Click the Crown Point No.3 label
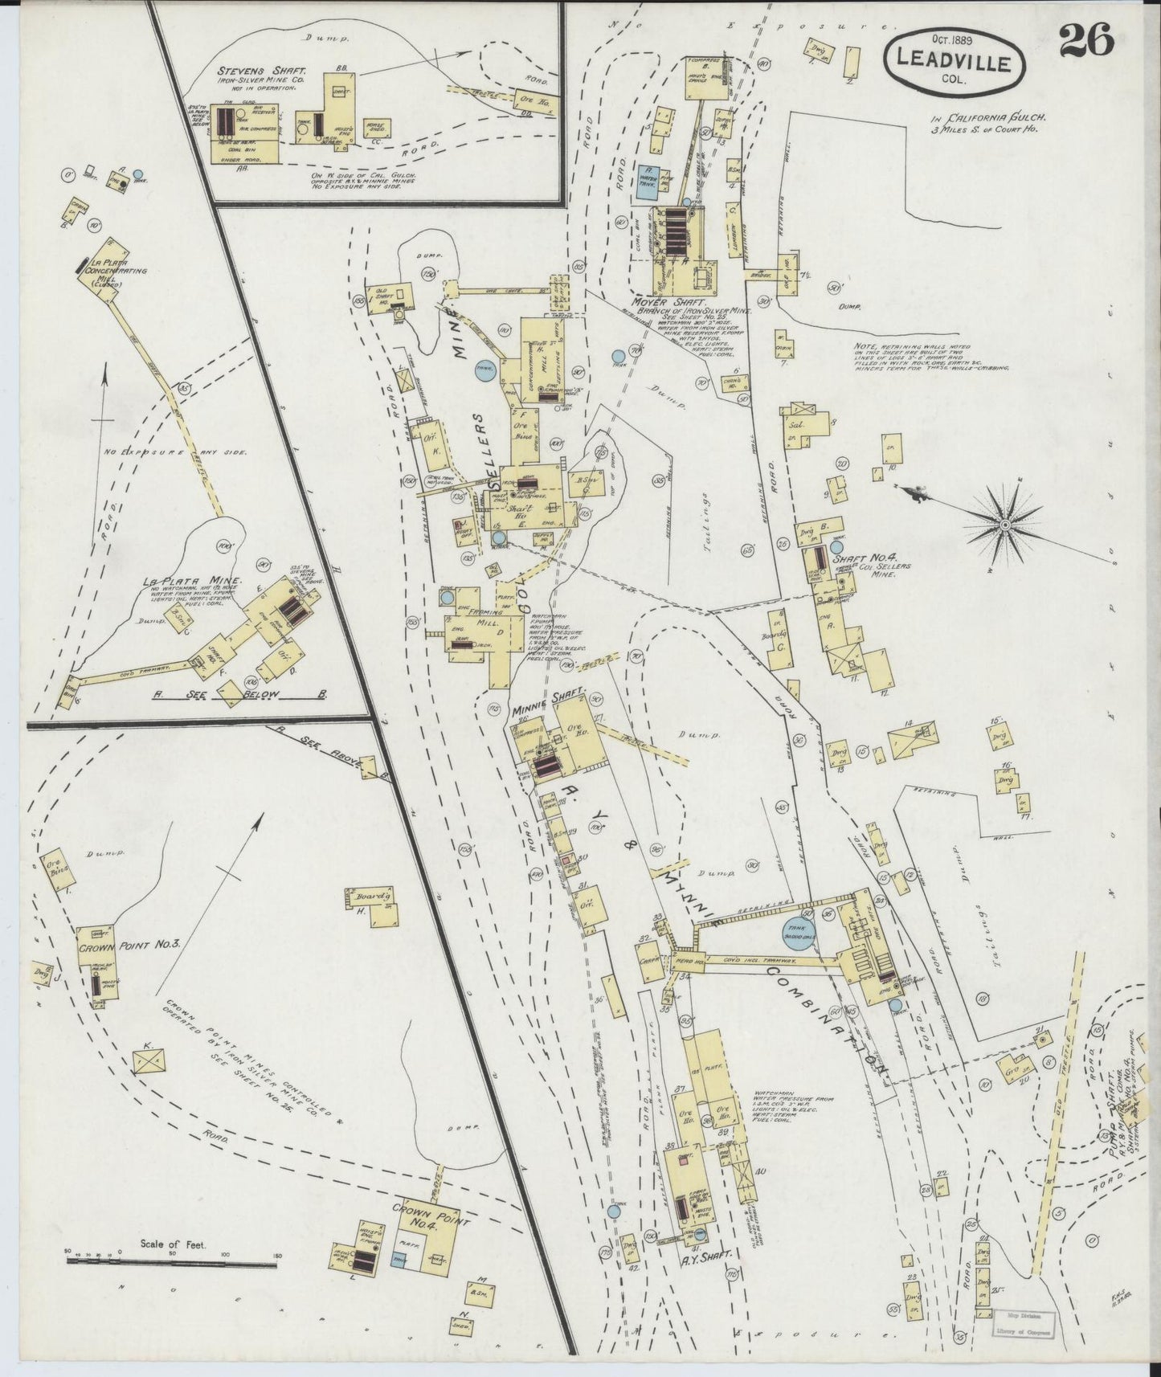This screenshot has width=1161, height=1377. coord(129,945)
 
